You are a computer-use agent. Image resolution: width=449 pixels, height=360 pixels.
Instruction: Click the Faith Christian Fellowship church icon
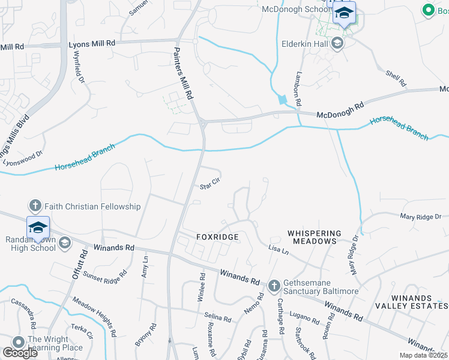35,206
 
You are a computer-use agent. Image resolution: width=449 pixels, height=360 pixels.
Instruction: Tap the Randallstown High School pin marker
38,227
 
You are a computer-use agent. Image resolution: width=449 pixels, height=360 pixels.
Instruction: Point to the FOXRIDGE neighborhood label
217,237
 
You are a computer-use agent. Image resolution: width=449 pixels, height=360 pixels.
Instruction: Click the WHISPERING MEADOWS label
314,236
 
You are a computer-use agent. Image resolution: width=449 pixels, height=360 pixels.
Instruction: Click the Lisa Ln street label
279,249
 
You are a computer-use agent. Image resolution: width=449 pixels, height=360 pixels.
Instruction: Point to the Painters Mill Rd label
184,74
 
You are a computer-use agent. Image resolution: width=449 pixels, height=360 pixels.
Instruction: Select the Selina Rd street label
217,316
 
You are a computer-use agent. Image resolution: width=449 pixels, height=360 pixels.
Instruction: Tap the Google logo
20,353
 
